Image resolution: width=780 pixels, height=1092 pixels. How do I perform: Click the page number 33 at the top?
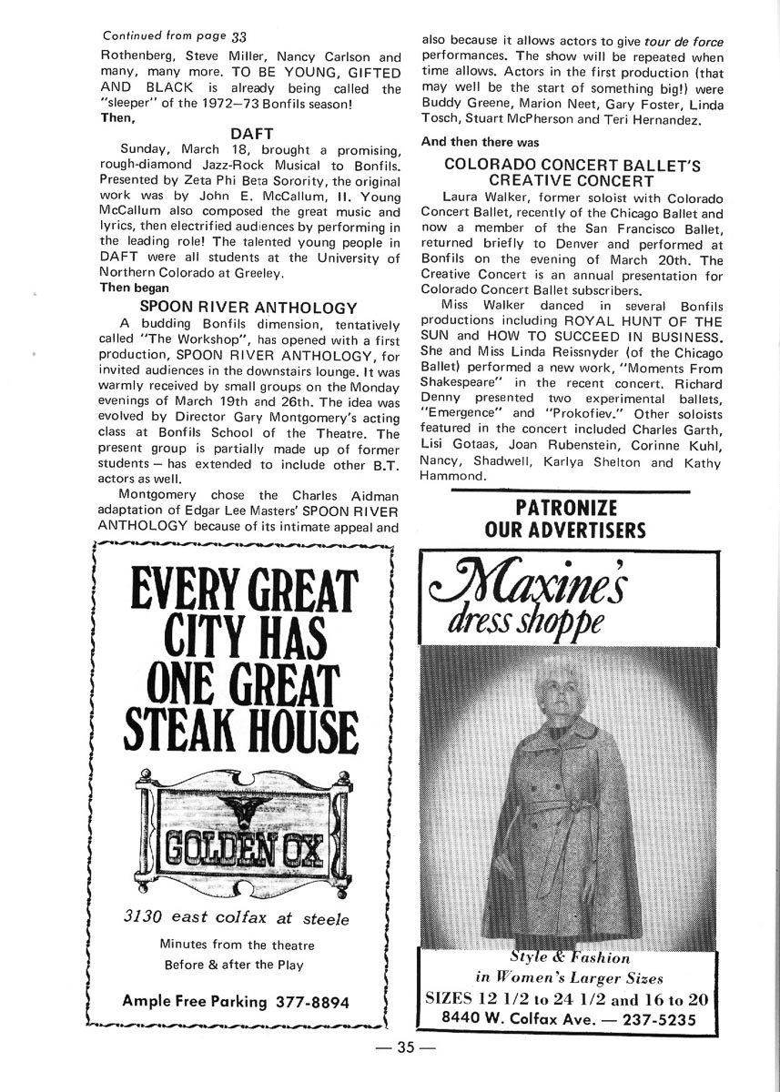tap(239, 36)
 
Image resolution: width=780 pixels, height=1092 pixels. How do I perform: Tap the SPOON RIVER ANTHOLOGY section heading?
tap(248, 308)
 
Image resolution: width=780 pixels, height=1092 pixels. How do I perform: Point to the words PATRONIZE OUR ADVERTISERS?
tap(565, 519)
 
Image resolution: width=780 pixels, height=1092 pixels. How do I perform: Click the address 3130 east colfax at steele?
tap(236, 918)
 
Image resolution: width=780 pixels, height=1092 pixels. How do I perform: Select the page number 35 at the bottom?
tap(406, 1047)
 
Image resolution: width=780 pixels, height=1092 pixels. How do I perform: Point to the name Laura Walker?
tap(478, 198)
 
